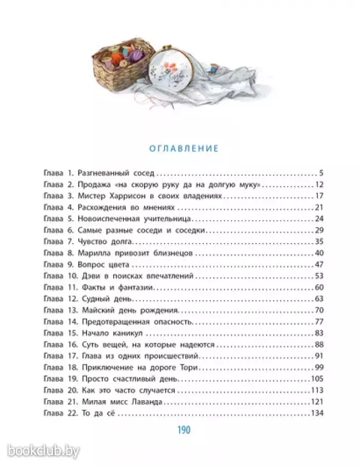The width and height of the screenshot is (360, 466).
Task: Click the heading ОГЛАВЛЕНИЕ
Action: tap(183, 148)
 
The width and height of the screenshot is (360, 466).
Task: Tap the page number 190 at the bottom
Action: tap(184, 429)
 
